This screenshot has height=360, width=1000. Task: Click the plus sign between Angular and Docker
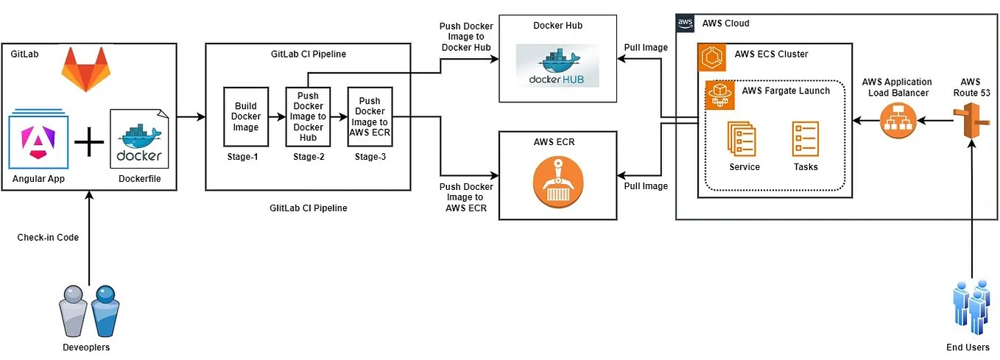tap(89, 142)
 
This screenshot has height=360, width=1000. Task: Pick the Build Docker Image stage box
tap(246, 117)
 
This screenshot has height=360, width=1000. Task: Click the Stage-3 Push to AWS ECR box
tap(370, 117)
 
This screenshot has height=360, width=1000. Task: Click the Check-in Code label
tap(48, 238)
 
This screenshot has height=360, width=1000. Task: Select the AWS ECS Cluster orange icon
tap(713, 56)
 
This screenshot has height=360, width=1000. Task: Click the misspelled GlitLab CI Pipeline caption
tap(308, 208)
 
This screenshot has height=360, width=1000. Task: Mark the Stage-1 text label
tap(245, 157)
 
